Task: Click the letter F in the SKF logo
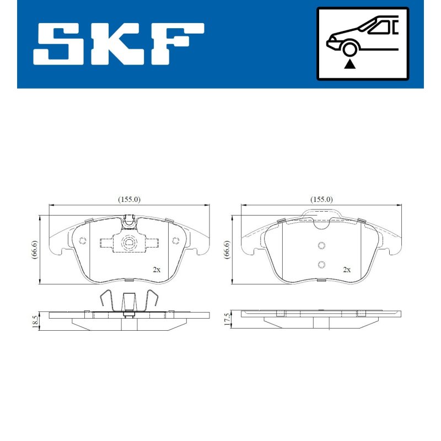[178, 44]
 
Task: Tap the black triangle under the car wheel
[349, 64]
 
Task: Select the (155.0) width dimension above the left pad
[129, 200]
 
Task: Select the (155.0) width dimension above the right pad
[321, 200]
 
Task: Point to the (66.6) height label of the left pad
[35, 250]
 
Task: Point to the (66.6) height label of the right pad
[227, 250]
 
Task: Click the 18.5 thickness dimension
[35, 321]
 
